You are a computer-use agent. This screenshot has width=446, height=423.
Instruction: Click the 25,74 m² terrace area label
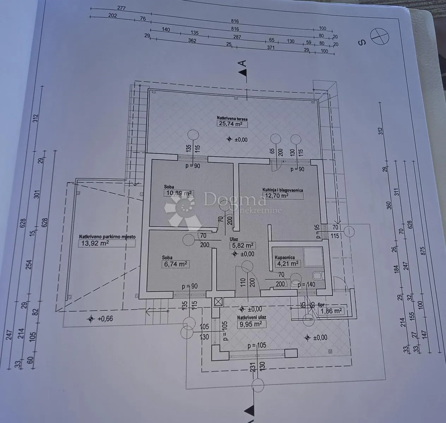click(x=232, y=124)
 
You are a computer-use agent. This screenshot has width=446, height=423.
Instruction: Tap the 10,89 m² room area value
click(x=179, y=193)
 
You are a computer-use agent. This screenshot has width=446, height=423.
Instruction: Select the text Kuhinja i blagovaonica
click(x=283, y=190)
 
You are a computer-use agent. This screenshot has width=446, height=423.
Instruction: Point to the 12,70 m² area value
click(x=277, y=195)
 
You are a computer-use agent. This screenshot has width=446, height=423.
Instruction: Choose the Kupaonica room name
click(x=285, y=257)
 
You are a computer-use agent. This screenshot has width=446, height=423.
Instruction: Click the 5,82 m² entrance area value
click(x=243, y=245)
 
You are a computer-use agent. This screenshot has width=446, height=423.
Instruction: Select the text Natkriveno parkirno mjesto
click(x=107, y=237)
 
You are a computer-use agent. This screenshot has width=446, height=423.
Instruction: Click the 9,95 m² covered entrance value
click(x=251, y=325)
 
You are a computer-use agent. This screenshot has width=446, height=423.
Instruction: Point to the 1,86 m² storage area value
click(x=331, y=311)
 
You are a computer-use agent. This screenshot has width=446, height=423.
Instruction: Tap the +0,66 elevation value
click(x=105, y=319)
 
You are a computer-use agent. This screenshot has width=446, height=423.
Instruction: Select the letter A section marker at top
click(x=243, y=63)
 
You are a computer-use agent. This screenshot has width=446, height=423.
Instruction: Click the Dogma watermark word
click(x=235, y=199)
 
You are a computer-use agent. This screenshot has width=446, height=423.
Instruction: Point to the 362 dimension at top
click(x=192, y=41)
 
